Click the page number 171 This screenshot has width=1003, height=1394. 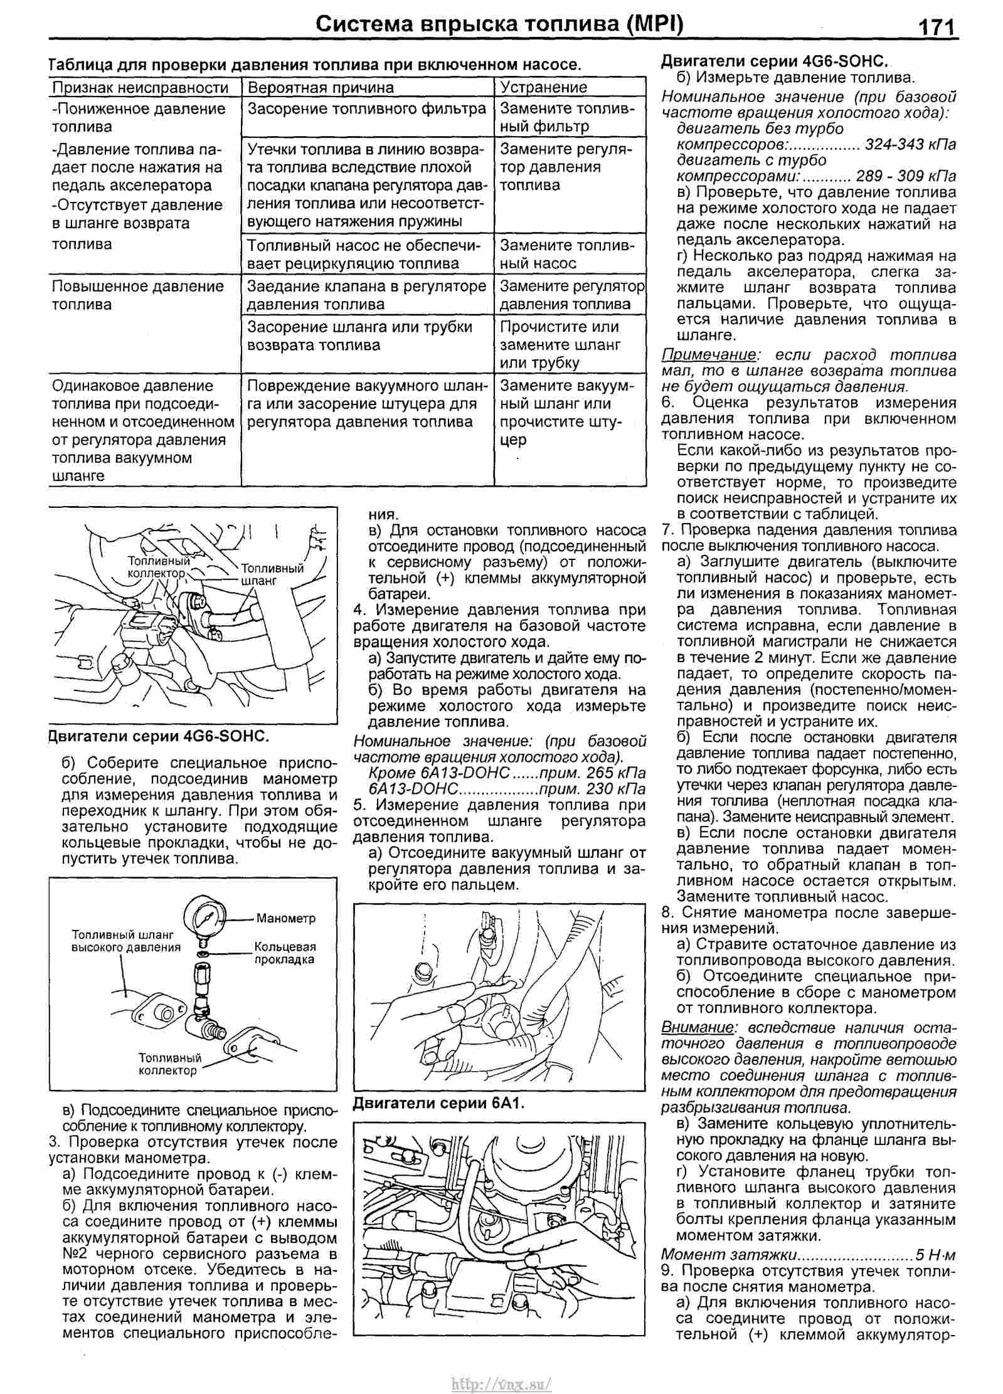(x=937, y=27)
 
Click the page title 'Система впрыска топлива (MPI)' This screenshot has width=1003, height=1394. (x=499, y=24)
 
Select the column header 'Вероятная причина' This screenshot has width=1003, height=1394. (x=321, y=87)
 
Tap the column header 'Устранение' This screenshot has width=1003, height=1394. (x=543, y=87)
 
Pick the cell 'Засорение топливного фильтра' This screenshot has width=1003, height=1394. (x=367, y=109)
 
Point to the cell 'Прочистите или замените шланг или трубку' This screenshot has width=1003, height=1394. (x=560, y=344)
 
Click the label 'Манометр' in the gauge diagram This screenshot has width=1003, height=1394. (x=285, y=919)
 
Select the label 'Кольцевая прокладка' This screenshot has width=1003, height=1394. (x=285, y=953)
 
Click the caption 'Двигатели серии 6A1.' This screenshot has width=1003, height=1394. (x=438, y=1103)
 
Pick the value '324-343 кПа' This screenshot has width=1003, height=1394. (x=910, y=144)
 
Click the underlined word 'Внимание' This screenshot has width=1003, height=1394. (x=696, y=1027)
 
